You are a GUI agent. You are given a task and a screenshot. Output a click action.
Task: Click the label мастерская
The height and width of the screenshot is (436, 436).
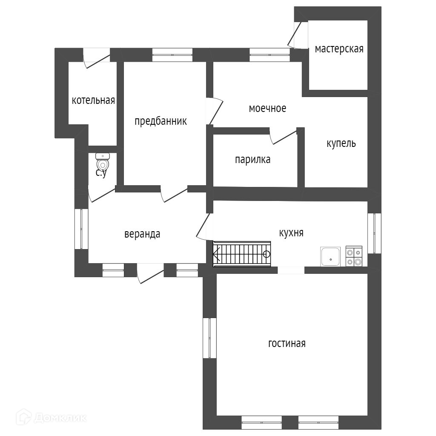point(339,49)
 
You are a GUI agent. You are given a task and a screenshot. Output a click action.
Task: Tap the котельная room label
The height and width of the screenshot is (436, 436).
point(93,100)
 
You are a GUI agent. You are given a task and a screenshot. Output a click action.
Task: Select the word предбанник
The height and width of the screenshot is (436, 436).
point(161,121)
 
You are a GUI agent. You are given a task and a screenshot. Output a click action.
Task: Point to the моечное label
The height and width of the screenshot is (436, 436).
point(267,109)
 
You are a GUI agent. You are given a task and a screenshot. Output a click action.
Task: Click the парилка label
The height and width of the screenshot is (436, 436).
point(252,160)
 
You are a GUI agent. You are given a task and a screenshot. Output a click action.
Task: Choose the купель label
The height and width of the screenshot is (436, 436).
point(341,143)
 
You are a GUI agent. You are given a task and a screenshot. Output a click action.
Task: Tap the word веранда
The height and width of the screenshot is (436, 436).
point(142,234)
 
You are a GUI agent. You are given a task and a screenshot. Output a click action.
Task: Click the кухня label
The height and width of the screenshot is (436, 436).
point(291,233)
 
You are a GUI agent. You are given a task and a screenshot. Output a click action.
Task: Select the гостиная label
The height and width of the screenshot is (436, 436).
point(287,344)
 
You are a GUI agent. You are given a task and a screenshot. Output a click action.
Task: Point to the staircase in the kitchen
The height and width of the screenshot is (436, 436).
point(242,254)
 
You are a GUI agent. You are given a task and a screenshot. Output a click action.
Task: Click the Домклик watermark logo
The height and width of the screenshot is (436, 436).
point(52,417)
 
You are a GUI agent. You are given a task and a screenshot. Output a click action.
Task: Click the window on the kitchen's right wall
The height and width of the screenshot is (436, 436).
point(374,233)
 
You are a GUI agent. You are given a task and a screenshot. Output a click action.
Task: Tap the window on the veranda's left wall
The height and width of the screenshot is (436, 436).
point(81,228)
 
